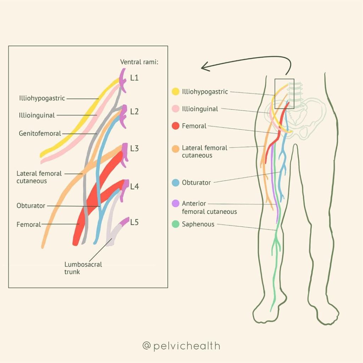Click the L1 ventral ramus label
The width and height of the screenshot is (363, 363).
point(134,78)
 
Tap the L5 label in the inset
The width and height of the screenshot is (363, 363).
point(134,222)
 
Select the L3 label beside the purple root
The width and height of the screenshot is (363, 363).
point(134,149)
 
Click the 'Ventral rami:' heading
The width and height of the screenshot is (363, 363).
point(139,62)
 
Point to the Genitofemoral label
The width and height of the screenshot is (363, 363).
point(40,134)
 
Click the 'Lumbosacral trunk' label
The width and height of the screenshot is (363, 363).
point(83,268)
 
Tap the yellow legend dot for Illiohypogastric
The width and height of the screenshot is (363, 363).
point(175,91)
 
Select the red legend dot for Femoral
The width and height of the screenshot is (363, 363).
point(175,126)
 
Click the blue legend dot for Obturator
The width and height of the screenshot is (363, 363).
point(175,183)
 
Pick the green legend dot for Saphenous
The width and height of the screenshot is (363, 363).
point(175,224)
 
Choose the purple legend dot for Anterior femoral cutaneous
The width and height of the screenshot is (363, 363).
point(175,203)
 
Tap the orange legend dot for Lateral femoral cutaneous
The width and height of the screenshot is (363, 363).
point(175,149)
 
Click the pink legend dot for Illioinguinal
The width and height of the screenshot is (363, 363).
point(175,108)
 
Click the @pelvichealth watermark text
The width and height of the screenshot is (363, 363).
point(181,346)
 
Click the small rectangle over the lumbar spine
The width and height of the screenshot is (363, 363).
point(284,79)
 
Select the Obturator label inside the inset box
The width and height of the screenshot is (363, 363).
point(31,206)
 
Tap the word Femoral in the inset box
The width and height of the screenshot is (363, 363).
point(28,224)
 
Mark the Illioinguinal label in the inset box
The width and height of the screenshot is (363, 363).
point(37,115)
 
